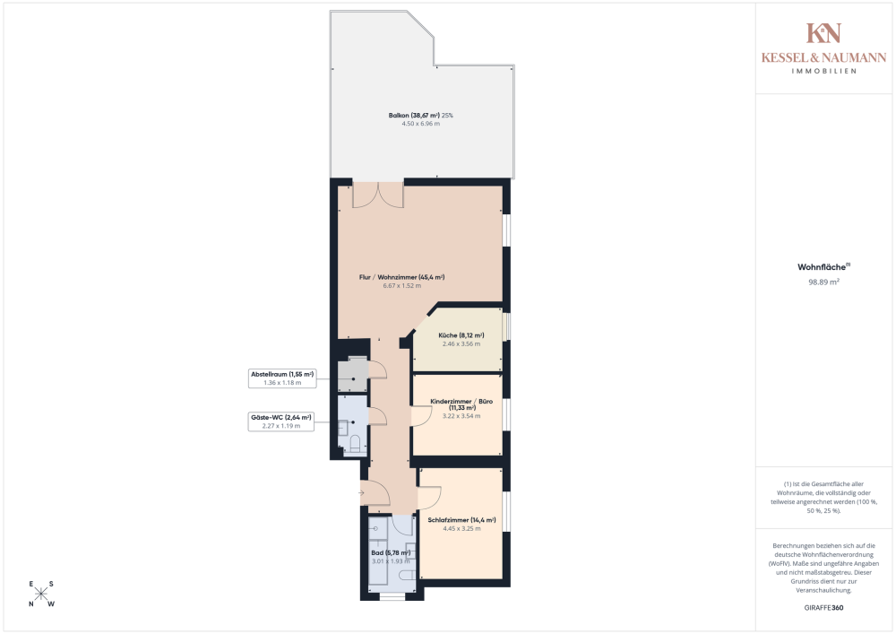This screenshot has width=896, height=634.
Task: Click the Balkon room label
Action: (x=420, y=116)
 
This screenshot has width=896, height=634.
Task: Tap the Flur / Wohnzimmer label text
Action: (x=414, y=278)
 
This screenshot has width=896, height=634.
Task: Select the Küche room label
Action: (x=461, y=335)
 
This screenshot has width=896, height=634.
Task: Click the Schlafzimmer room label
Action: (x=461, y=520)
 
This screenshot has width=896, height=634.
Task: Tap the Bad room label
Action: (x=391, y=553)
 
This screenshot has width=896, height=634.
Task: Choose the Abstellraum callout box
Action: (x=282, y=378)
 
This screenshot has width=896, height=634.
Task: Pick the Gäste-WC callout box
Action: (x=281, y=421)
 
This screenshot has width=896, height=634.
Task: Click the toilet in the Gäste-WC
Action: (x=354, y=443)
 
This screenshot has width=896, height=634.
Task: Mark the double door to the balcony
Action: (x=378, y=194)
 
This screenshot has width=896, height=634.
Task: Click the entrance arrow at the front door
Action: (x=362, y=492)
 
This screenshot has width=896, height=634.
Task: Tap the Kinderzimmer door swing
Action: (x=419, y=414)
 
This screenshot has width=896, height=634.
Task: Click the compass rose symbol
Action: (x=41, y=594)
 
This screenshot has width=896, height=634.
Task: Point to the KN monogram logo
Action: (x=823, y=33)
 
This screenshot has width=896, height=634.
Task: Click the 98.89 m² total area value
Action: (x=823, y=282)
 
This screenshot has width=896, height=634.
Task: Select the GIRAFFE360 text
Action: (x=823, y=607)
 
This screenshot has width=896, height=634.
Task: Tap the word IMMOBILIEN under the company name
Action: (x=823, y=71)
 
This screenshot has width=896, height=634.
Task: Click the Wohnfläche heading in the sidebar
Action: (x=822, y=266)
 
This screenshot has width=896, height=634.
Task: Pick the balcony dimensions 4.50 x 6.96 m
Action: (x=420, y=124)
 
